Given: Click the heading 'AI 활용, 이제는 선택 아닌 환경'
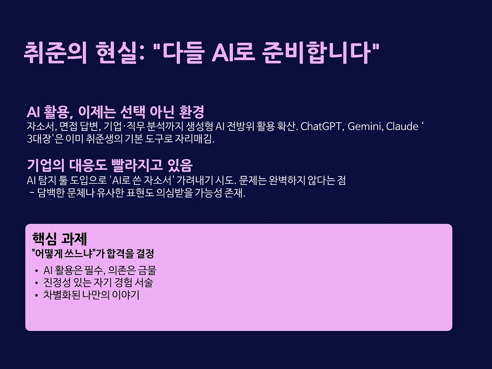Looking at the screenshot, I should click(115, 112).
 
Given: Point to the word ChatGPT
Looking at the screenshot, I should click(322, 126).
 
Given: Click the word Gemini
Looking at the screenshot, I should click(365, 126).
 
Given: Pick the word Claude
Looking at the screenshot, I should click(402, 126).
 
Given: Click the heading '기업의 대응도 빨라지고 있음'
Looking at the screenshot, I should click(110, 165).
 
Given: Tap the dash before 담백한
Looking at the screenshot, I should click(32, 193).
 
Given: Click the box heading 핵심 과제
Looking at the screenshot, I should click(60, 239).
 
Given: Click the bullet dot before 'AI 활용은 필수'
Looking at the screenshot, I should click(36, 271).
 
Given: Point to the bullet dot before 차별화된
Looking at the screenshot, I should click(36, 296).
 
